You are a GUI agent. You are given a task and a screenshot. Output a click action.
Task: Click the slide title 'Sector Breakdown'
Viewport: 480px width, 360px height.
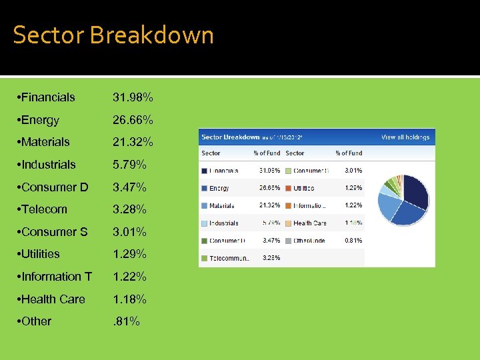click(x=113, y=35)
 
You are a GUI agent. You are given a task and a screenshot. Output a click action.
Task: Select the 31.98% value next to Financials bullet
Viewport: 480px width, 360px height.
click(x=133, y=97)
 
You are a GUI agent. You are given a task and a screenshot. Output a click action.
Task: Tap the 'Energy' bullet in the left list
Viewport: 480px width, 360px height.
click(x=39, y=120)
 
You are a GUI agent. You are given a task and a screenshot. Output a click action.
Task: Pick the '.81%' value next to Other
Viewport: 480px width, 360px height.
click(x=126, y=321)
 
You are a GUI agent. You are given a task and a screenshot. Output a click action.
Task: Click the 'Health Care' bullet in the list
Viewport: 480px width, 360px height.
click(x=52, y=299)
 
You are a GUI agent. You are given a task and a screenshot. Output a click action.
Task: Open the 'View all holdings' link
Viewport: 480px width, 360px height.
click(x=405, y=137)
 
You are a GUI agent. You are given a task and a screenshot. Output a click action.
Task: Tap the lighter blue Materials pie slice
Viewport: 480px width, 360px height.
click(x=387, y=206)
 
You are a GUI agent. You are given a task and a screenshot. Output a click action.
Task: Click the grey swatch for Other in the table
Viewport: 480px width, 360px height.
click(x=289, y=240)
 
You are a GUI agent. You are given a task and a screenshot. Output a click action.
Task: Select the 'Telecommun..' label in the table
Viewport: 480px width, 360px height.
click(x=229, y=257)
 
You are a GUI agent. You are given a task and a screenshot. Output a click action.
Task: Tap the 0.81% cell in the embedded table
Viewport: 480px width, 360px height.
click(x=353, y=240)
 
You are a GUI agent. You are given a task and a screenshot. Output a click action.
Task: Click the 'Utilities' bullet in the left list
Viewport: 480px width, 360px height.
click(x=40, y=254)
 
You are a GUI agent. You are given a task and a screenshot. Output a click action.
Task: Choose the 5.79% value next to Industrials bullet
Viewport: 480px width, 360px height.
click(x=129, y=165)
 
